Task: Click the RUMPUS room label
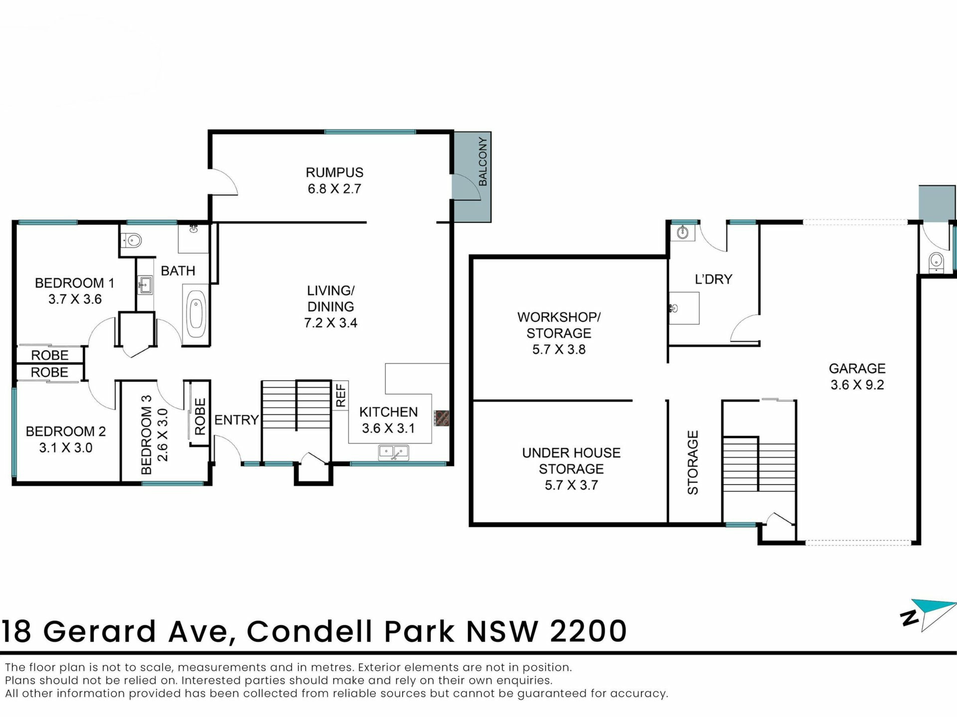pyautogui.click(x=334, y=172)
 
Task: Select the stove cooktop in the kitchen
pyautogui.click(x=442, y=418)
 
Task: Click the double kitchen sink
pyautogui.click(x=394, y=453)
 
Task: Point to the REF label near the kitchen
pyautogui.click(x=340, y=395)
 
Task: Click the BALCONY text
pyautogui.click(x=482, y=162)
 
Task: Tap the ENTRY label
pyautogui.click(x=236, y=420)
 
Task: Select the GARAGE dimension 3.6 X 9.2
pyautogui.click(x=857, y=384)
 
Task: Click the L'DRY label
pyautogui.click(x=713, y=279)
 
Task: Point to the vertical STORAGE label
pyautogui.click(x=693, y=463)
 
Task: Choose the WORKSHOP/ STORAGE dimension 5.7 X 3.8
pyautogui.click(x=559, y=349)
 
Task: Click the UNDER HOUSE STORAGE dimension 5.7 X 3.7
pyautogui.click(x=571, y=484)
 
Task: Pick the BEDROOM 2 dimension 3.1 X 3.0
pyautogui.click(x=66, y=447)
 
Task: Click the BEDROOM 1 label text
pyautogui.click(x=74, y=283)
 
